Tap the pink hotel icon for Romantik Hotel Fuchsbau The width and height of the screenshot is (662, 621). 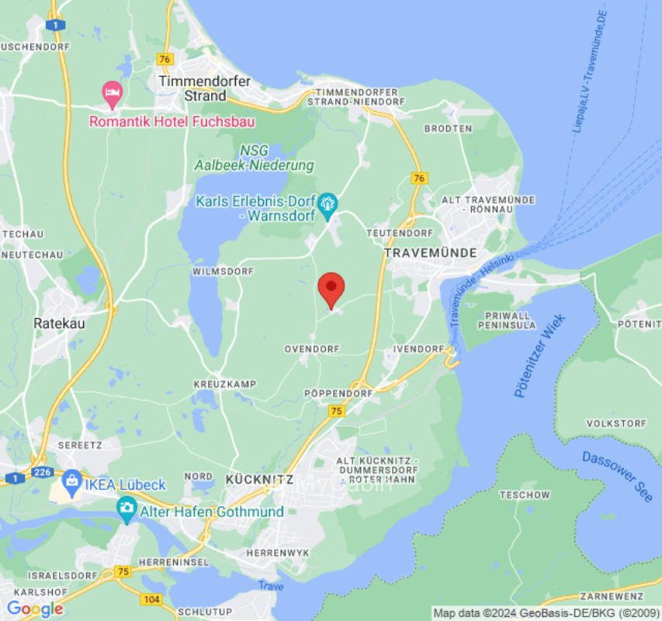(113, 94)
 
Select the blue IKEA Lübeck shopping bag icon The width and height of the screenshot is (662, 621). (71, 481)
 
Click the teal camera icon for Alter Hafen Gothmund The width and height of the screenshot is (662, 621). (127, 509)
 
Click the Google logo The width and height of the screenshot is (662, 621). (35, 609)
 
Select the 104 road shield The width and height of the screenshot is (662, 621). (151, 599)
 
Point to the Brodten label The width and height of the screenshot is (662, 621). (448, 128)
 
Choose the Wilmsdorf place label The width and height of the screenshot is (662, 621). (222, 272)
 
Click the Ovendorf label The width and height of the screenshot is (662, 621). (312, 349)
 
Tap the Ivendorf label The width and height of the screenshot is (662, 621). (418, 349)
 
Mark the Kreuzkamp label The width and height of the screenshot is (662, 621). (224, 384)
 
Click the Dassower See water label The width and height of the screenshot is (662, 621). (618, 476)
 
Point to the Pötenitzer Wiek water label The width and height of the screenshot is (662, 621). (540, 356)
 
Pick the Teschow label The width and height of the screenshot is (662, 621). (525, 494)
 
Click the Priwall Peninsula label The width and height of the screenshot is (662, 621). (508, 321)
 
